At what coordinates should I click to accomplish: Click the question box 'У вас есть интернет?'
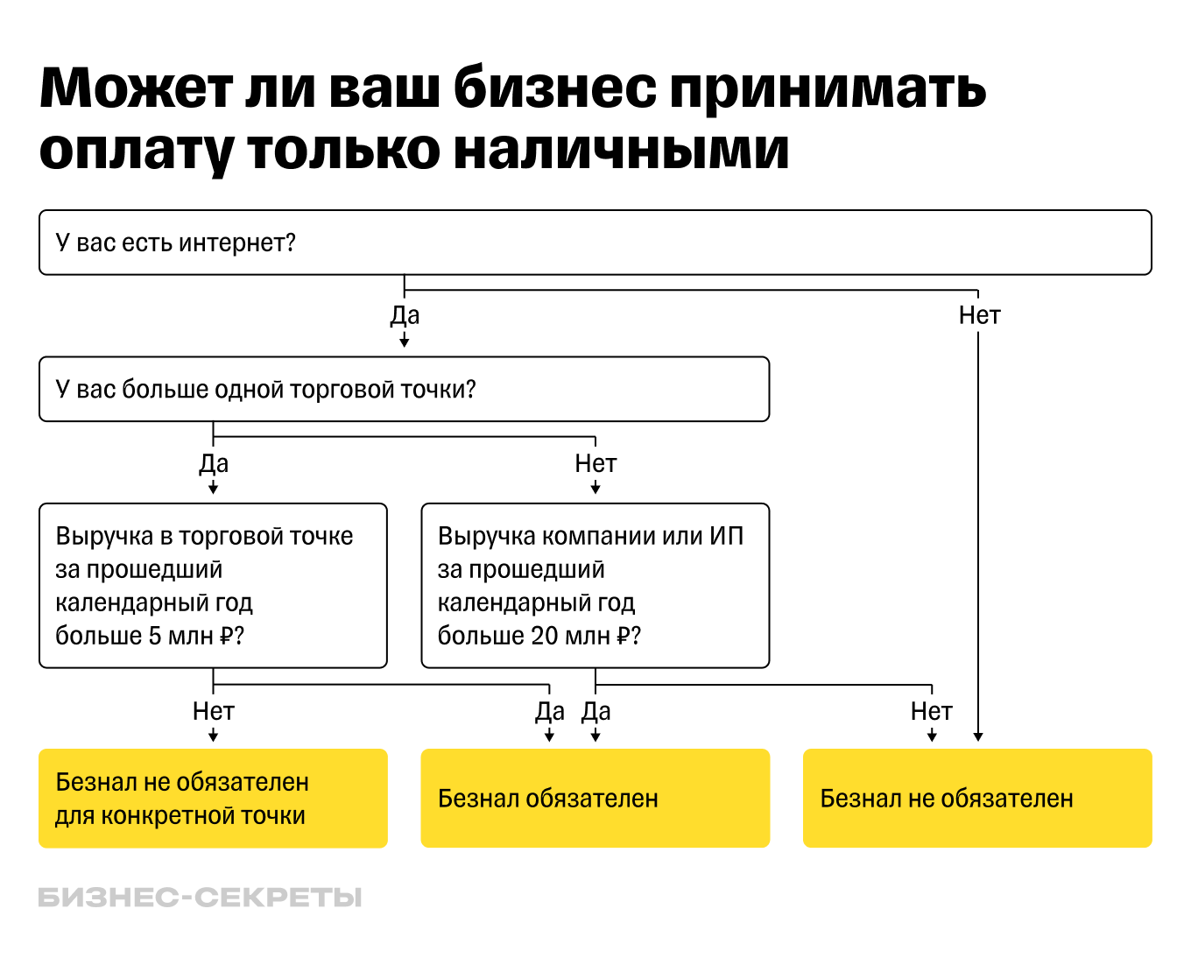(x=595, y=243)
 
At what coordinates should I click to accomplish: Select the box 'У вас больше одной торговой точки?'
(x=404, y=389)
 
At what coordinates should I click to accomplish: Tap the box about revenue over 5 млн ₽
(x=213, y=585)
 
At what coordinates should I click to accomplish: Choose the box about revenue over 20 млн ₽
(x=595, y=585)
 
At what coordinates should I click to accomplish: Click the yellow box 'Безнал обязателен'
(x=595, y=798)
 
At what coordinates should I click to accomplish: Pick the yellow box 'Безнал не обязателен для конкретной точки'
(x=213, y=798)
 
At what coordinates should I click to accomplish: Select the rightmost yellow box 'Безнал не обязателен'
(x=976, y=798)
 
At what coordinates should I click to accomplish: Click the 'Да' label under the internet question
(x=405, y=315)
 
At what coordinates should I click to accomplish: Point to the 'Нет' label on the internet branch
(x=979, y=315)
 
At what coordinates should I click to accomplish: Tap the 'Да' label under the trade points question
(x=214, y=463)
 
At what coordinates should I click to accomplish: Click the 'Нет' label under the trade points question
(x=595, y=463)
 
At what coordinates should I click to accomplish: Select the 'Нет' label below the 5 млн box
(x=214, y=711)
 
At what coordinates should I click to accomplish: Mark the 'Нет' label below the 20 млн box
(x=931, y=711)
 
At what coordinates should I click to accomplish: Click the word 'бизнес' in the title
(x=554, y=88)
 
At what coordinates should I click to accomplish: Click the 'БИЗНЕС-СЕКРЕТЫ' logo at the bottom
(x=200, y=898)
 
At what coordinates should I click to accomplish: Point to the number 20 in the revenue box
(x=544, y=636)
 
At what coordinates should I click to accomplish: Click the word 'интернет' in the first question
(x=236, y=243)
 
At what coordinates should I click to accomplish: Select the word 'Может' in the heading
(x=137, y=88)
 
